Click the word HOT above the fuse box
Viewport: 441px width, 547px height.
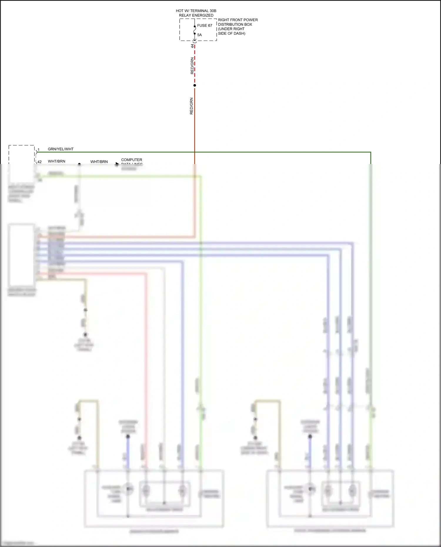[x=180, y=11]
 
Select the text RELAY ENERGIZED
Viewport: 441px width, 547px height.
[x=196, y=15]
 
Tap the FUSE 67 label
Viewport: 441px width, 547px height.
[x=205, y=26]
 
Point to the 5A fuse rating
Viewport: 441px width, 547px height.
[x=200, y=35]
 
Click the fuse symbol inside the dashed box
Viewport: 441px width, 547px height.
[x=195, y=30]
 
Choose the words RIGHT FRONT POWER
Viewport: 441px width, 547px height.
[x=238, y=20]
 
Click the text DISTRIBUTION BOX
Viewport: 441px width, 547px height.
[x=235, y=24]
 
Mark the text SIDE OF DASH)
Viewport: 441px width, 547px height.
[x=232, y=34]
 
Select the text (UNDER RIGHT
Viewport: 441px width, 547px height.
[x=231, y=29]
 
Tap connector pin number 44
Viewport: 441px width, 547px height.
[x=193, y=46]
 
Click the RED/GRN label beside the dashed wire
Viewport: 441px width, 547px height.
[x=192, y=66]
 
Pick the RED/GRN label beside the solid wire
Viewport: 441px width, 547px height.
[x=191, y=106]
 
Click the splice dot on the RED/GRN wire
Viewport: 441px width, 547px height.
[x=195, y=85]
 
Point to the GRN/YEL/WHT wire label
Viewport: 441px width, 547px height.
[x=61, y=149]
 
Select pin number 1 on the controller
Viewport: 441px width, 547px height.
[x=39, y=150]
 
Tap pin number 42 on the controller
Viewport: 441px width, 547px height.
[x=40, y=162]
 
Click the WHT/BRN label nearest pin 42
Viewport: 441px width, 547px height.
[x=56, y=161]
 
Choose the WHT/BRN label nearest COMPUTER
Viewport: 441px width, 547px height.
[x=99, y=162]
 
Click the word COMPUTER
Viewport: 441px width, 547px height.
[x=131, y=160]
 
